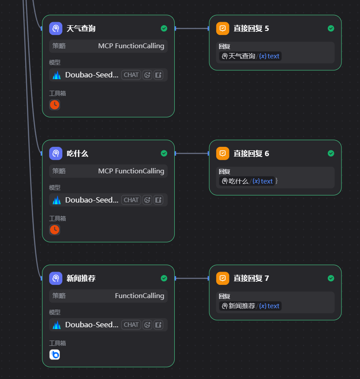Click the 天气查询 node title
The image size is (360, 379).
point(81,29)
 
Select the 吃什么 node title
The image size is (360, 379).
point(77,154)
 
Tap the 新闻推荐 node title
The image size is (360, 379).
point(81,279)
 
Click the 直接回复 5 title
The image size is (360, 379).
point(251,29)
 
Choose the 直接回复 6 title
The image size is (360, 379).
point(251,154)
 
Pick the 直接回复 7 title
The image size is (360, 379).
point(251,279)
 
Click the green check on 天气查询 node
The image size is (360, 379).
point(164,29)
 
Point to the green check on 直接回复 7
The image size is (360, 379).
point(331,278)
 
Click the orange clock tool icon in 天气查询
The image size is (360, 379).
point(54,105)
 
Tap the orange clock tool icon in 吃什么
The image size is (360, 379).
point(54,230)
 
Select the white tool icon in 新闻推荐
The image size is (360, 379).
point(54,355)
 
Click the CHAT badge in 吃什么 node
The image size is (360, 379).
point(131,200)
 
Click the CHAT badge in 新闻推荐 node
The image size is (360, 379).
point(131,325)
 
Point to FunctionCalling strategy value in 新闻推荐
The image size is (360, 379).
point(139,296)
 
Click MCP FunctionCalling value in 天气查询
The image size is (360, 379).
point(131,46)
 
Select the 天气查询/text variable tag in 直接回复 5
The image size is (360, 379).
point(250,56)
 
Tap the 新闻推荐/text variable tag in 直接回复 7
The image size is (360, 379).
point(250,306)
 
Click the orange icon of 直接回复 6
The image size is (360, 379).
point(223,153)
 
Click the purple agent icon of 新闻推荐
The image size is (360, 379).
point(56,278)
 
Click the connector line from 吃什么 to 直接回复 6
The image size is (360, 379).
point(192,153)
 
